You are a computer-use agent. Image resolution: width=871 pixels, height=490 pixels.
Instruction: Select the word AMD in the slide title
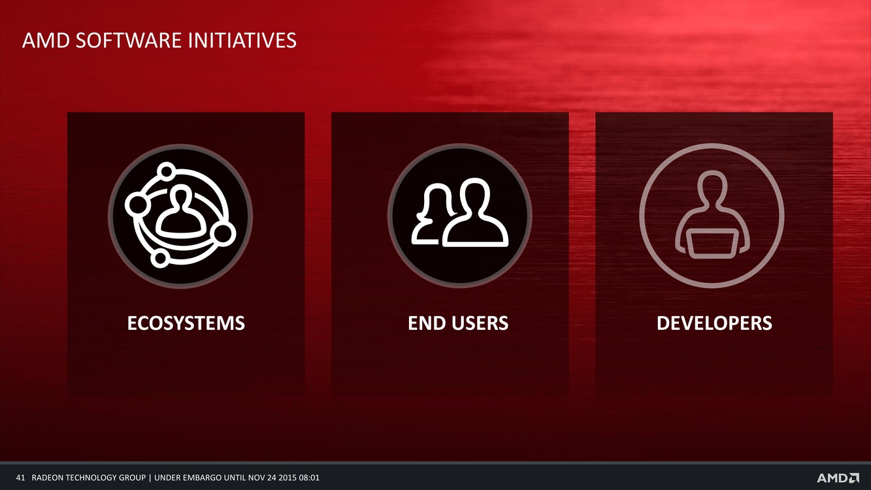(46, 41)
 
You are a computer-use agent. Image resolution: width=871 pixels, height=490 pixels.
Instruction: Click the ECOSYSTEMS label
(186, 323)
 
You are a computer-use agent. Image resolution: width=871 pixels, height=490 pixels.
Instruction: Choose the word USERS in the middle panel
(480, 323)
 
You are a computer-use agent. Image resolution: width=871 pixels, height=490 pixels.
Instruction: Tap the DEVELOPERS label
(714, 323)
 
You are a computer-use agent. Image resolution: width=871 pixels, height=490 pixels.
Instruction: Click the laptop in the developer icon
(712, 244)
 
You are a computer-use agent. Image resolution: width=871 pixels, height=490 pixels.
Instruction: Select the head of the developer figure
(712, 187)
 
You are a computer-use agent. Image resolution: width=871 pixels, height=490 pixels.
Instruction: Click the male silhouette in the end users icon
(475, 212)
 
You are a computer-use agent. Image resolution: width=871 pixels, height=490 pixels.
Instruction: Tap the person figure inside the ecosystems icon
(180, 212)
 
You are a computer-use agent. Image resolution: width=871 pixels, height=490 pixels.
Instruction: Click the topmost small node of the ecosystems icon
(167, 171)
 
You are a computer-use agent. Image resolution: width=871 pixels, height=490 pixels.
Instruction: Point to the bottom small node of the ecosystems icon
(160, 258)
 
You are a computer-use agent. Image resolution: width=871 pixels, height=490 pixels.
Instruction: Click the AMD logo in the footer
(838, 478)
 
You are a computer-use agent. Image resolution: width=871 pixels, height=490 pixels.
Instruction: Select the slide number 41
(20, 478)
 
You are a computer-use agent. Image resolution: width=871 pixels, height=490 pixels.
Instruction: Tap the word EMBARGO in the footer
(203, 478)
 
